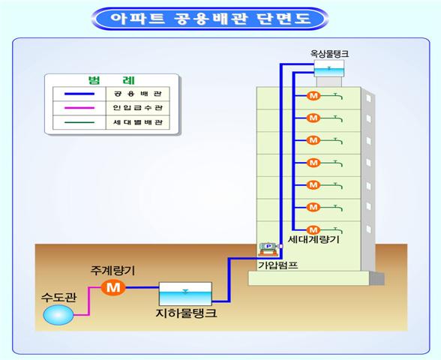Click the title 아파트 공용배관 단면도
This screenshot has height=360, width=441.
pyautogui.click(x=211, y=19)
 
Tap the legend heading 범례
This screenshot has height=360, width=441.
pyautogui.click(x=111, y=81)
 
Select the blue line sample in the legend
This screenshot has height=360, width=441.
pyautogui.click(x=79, y=94)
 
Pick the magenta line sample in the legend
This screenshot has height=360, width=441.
pyautogui.click(x=79, y=108)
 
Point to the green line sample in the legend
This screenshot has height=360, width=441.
pyautogui.click(x=79, y=122)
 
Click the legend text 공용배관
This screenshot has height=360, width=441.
pyautogui.click(x=138, y=94)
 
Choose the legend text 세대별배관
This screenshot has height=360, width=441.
pyautogui.click(x=138, y=122)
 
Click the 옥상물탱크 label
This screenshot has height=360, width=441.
pyautogui.click(x=329, y=53)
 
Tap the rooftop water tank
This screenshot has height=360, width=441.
pyautogui.click(x=328, y=68)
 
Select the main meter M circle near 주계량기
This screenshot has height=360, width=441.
pyautogui.click(x=113, y=287)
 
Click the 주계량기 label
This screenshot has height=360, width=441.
pyautogui.click(x=112, y=271)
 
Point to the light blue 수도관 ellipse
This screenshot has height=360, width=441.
pyautogui.click(x=58, y=315)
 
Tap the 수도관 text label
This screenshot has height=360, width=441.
pyautogui.click(x=58, y=297)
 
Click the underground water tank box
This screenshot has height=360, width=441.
pyautogui.click(x=185, y=294)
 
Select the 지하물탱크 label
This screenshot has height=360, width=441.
pyautogui.click(x=186, y=313)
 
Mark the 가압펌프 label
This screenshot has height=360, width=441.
pyautogui.click(x=277, y=265)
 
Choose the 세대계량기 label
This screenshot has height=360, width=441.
pyautogui.click(x=313, y=240)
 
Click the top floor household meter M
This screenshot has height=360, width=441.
pyautogui.click(x=313, y=96)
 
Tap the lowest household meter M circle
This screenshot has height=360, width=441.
pyautogui.click(x=313, y=230)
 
